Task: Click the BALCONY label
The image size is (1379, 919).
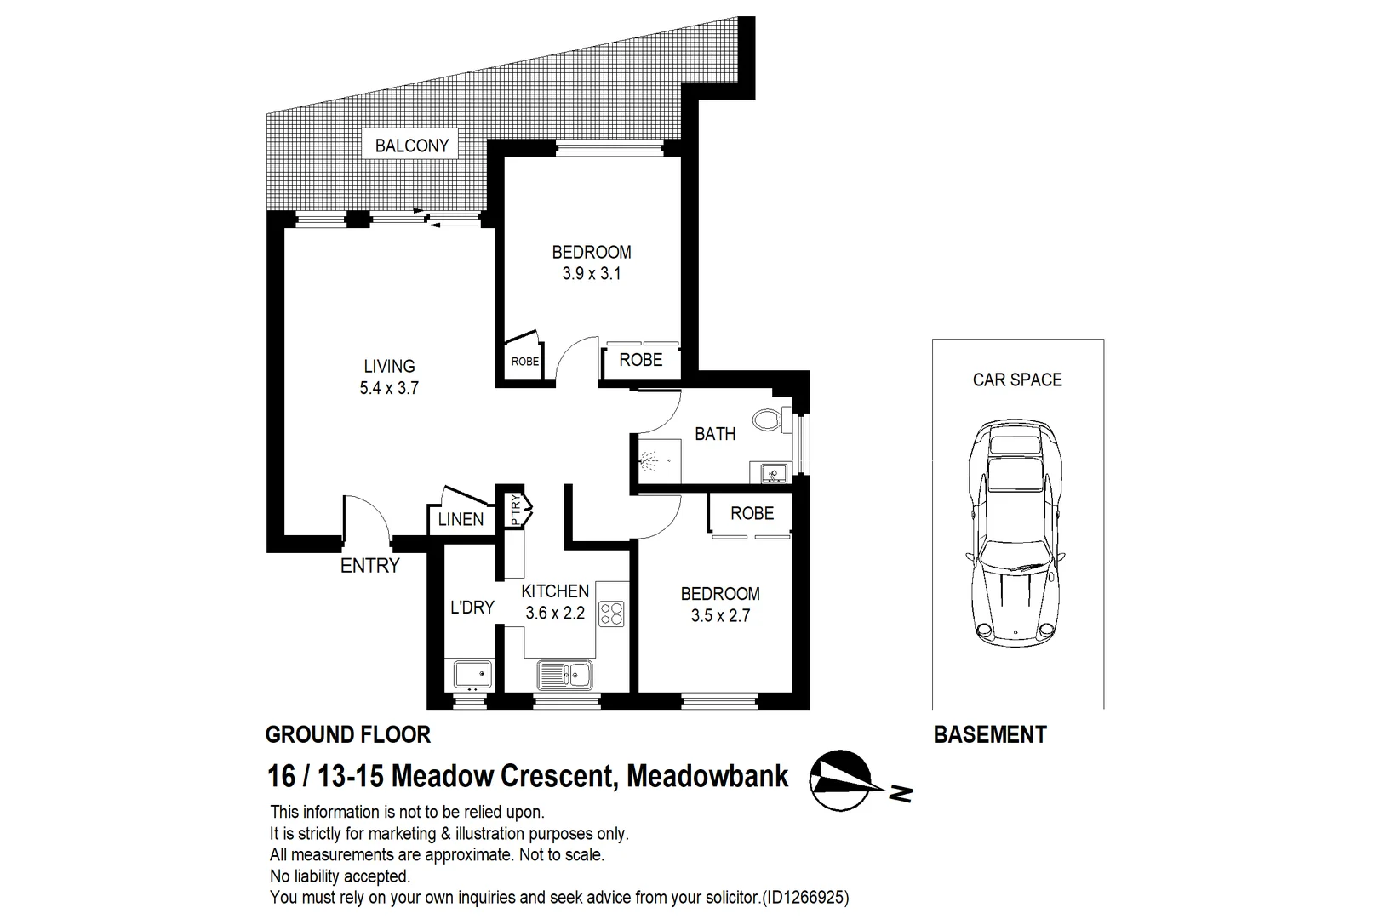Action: click(x=411, y=146)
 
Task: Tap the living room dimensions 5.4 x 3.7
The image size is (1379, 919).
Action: click(x=389, y=389)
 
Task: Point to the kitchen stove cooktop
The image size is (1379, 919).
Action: click(x=611, y=614)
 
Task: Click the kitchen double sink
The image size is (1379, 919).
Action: click(x=565, y=676)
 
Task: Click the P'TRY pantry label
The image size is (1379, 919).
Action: click(x=515, y=511)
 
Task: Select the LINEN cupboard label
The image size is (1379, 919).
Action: click(x=461, y=520)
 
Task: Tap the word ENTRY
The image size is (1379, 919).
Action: click(x=369, y=566)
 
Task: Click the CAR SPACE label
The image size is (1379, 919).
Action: click(x=1017, y=380)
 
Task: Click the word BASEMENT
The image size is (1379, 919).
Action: click(x=990, y=735)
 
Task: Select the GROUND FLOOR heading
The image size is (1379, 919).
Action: click(x=347, y=735)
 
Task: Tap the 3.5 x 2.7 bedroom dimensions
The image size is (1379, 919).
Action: click(x=720, y=616)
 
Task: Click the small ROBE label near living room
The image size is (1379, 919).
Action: click(x=524, y=362)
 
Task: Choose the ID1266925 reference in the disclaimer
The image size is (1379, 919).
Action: click(x=806, y=897)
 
